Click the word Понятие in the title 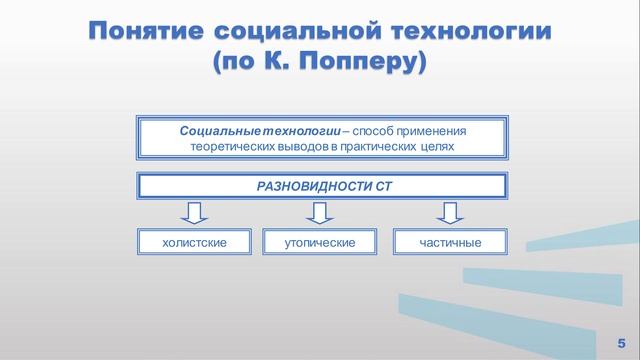(x=146, y=30)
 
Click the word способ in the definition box (x=361, y=131)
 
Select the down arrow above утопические (x=319, y=212)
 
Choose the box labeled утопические (x=320, y=242)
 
